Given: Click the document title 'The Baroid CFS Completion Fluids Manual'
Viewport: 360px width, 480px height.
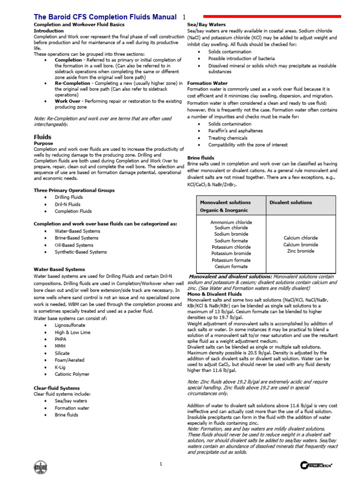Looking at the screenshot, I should pos(105,17).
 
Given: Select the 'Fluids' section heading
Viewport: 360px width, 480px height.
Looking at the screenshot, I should pos(43,137).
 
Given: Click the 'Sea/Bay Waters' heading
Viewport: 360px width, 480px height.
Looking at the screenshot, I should pos(206,24).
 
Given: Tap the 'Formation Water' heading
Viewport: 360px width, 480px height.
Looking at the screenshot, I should pos(207,83).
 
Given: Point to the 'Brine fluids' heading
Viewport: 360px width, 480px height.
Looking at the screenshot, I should pos(201,158).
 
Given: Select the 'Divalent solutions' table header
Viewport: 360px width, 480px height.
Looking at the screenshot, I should pos(291,202).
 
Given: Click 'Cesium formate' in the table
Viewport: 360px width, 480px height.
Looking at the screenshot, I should pos(231,266).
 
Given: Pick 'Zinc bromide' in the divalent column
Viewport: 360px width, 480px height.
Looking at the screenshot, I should pos(300,251).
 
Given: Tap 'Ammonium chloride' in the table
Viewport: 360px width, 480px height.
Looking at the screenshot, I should pos(231,222).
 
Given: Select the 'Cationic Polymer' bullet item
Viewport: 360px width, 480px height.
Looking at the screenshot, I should pos(72,374).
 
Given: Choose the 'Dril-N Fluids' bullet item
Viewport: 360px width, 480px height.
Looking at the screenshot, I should pos(67,204).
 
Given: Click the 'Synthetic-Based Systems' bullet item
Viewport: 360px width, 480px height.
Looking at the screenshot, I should pos(81,252).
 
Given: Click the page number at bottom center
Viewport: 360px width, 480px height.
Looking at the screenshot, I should pos(160,464).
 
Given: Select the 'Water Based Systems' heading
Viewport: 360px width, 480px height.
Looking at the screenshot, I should pos(60,270).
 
